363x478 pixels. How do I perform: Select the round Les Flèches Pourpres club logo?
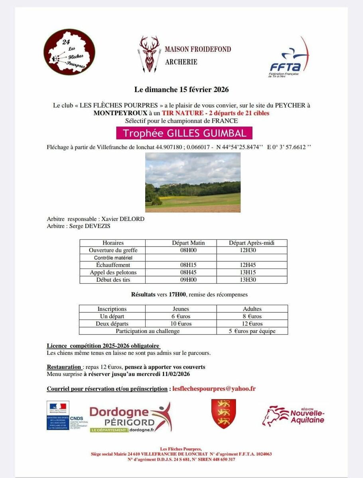69,52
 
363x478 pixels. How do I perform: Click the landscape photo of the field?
193,182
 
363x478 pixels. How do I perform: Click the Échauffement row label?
113,265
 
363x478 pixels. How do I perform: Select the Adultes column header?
252,309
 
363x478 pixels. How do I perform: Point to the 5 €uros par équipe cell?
252,331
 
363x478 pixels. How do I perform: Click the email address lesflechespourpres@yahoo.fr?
214,388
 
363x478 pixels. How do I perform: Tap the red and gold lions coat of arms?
223,413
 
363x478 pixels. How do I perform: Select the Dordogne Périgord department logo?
130,417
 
